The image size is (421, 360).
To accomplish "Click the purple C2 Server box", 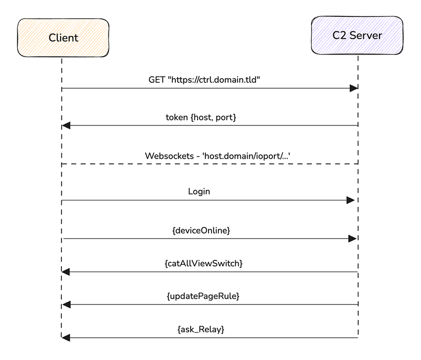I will coord(357,36).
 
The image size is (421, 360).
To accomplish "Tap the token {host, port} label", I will coord(201,118).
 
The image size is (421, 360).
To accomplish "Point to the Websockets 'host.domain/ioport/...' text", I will coord(217,156).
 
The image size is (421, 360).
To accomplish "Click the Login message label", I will coord(199,192).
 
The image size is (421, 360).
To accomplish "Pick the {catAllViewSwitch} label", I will coord(203,264).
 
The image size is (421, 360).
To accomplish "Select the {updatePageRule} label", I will coord(203,296).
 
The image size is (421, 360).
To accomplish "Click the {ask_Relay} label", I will coord(203,329).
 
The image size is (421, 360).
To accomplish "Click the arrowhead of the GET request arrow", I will coord(353,88).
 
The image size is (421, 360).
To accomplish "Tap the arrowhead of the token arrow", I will coord(66,125).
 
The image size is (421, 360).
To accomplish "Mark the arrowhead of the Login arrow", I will coord(350,200).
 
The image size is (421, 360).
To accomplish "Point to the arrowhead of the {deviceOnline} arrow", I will coord(352,239).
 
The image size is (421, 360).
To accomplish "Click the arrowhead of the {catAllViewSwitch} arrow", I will coord(66,272).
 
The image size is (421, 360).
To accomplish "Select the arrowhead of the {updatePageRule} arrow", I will coord(66,304).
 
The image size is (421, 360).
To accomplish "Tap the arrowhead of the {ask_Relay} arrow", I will coord(66,338).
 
